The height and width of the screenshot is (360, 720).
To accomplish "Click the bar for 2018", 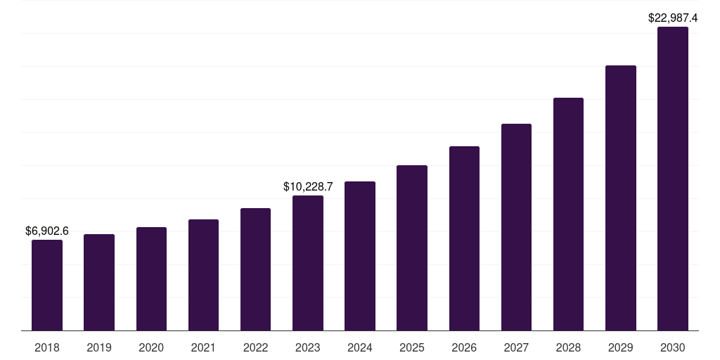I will point(47,285).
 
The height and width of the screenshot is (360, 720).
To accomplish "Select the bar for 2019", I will point(99,282).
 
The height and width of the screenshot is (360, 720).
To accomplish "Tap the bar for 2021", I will point(203,275).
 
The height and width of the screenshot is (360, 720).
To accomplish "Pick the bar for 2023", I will point(308,263).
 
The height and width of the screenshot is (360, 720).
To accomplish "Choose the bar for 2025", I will point(412,247).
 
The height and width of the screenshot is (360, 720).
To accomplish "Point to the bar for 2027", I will point(516,227).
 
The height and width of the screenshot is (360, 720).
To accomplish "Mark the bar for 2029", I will point(621,198).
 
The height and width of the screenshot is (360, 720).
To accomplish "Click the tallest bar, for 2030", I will point(673,179).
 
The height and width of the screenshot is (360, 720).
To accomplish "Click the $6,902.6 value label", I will point(47,231).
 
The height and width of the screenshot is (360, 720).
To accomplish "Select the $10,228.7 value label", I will point(308,186).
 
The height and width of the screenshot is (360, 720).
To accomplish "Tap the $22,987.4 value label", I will point(673,18).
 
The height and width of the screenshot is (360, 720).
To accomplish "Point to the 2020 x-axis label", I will point(151,347).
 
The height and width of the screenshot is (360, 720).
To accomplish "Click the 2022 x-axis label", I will point(255,347).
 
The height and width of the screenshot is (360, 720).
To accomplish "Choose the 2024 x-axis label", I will point(360,347).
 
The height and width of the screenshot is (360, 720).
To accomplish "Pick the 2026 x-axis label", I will point(464,347).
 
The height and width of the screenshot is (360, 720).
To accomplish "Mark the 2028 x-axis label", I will point(568,347).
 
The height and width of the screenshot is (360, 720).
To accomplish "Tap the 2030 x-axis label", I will point(673,347).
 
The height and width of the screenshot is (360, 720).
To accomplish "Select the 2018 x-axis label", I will point(47,347).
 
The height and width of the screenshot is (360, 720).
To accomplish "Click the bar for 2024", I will point(360,256).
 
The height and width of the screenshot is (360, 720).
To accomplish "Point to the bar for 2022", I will point(255,269).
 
